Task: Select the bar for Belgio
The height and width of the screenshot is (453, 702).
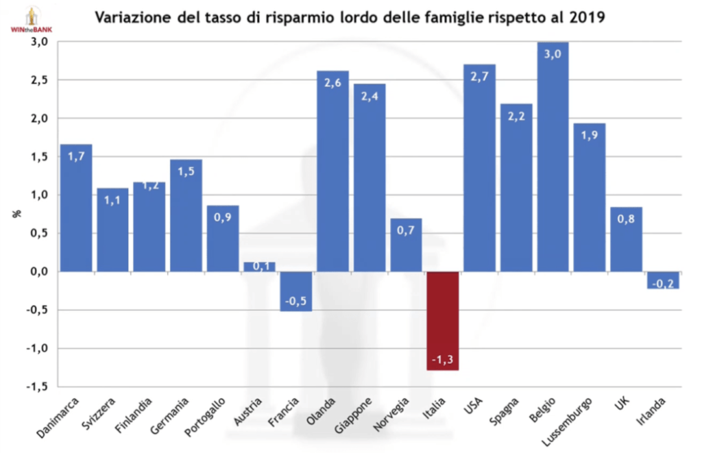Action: [x=553, y=157]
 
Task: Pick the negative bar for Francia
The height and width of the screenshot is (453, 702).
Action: [x=296, y=291]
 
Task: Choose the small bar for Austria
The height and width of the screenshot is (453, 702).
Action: [x=259, y=267]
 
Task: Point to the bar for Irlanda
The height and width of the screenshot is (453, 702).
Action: [x=663, y=280]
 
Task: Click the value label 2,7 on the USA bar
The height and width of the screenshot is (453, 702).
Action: [x=479, y=76]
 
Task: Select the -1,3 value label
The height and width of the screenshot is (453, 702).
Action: [x=444, y=359]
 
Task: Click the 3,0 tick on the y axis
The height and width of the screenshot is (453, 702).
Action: [x=38, y=42]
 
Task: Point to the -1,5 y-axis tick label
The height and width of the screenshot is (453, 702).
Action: [x=36, y=387]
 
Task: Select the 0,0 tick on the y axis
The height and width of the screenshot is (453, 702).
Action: [x=38, y=272]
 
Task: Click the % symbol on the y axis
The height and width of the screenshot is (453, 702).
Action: [x=18, y=213]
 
